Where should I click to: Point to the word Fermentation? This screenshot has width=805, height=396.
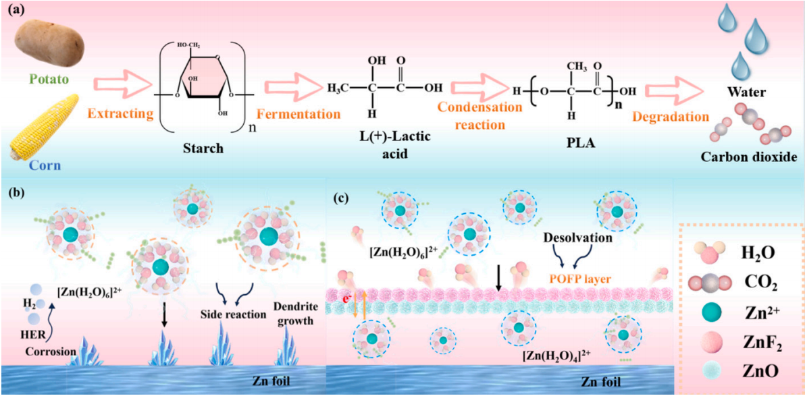(302, 114)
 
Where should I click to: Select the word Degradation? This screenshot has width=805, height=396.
(671, 117)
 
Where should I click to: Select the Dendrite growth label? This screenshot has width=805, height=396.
(294, 314)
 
